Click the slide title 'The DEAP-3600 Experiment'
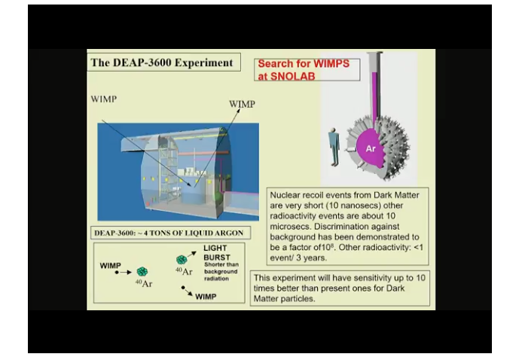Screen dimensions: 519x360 click(162, 63)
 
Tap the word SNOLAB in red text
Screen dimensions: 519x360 click(292, 76)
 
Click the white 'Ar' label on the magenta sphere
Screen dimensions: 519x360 click(371, 148)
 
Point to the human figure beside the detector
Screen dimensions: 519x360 click(334, 147)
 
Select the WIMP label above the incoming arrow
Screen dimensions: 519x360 click(104, 99)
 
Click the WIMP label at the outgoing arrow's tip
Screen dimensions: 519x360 click(242, 104)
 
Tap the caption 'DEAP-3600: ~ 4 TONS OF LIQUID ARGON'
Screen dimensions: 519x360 click(169, 233)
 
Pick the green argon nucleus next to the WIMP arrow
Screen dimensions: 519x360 click(142, 272)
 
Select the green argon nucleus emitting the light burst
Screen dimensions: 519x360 click(182, 260)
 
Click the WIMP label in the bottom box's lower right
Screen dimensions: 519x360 click(206, 297)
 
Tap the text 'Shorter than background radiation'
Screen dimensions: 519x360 click(221, 271)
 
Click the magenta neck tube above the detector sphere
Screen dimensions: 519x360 click(374, 96)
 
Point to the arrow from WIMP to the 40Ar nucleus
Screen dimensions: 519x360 click(123, 273)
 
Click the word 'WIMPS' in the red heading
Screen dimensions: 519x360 click(331, 63)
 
